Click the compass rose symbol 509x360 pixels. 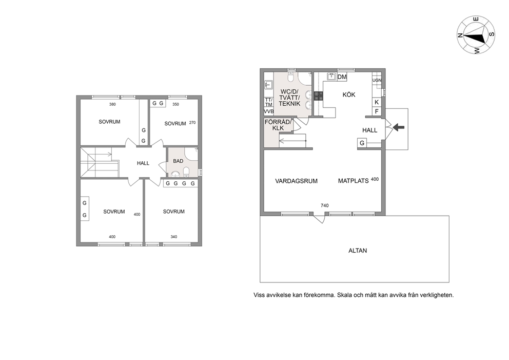click(x=476, y=35)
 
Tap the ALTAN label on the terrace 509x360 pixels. click(x=358, y=251)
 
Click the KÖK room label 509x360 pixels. click(x=349, y=94)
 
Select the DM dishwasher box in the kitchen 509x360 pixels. click(x=342, y=77)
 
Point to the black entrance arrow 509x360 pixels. click(x=399, y=127)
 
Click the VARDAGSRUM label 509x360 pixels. click(x=296, y=181)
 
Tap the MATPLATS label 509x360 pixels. click(x=353, y=181)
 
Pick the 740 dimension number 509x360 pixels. click(x=325, y=205)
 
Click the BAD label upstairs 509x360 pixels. click(x=178, y=161)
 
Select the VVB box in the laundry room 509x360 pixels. click(x=269, y=111)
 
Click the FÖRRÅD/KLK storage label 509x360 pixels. click(x=278, y=125)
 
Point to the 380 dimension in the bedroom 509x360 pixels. click(x=112, y=104)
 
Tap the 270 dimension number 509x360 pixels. click(x=192, y=123)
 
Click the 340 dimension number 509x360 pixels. click(x=173, y=237)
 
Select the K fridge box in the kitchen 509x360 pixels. click(x=377, y=102)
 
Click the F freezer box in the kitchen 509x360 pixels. click(x=377, y=111)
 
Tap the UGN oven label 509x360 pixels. click(x=377, y=80)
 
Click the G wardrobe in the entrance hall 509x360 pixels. click(x=362, y=143)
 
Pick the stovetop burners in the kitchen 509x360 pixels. click(x=318, y=96)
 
